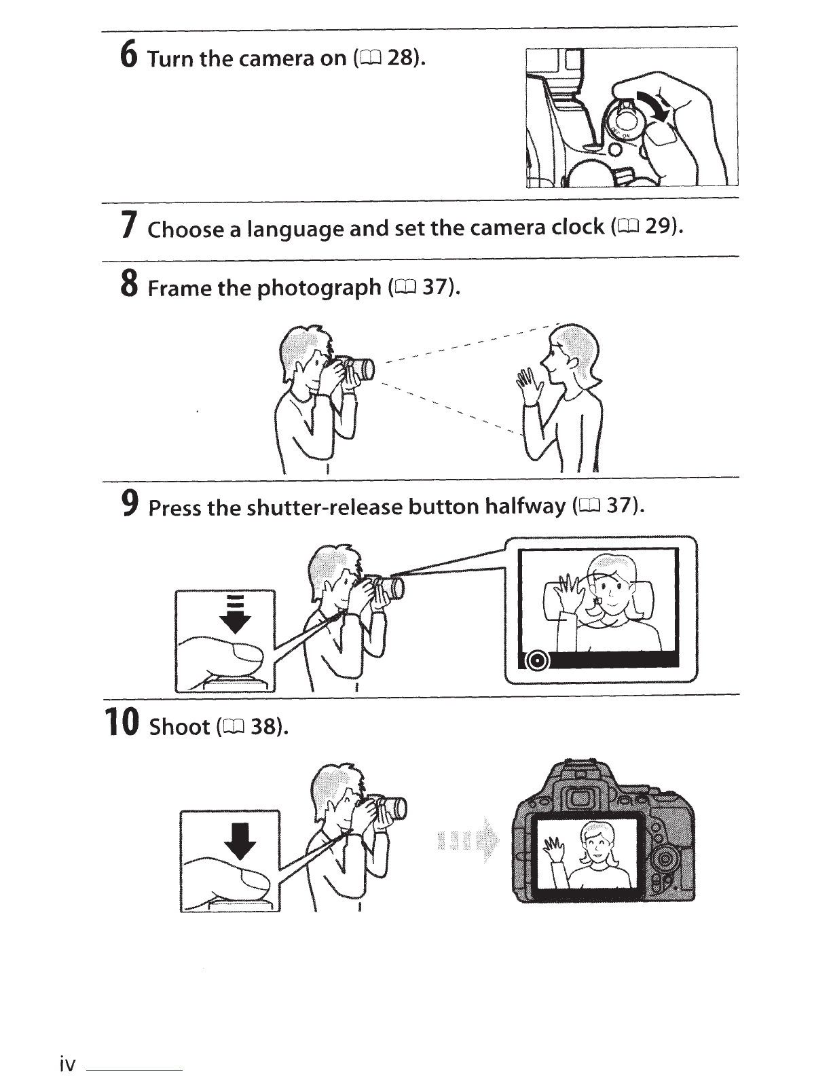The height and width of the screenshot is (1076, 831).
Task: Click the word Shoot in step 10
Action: (179, 728)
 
